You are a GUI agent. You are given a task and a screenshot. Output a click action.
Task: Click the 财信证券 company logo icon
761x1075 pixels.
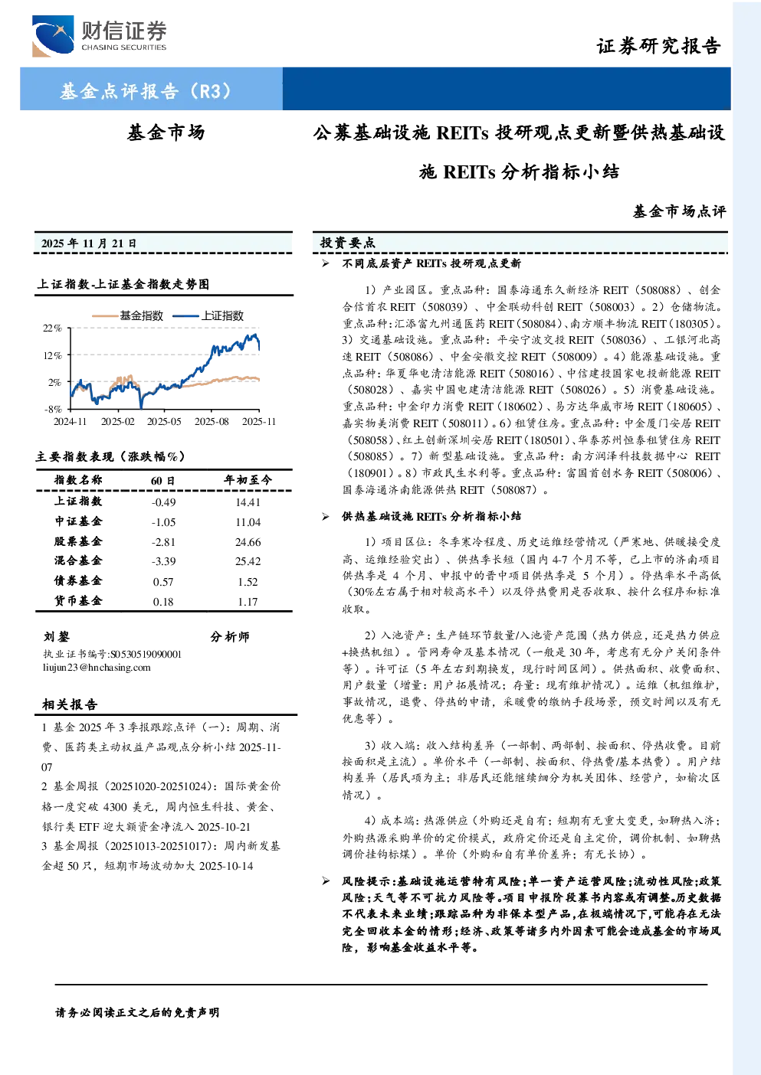[x=53, y=36]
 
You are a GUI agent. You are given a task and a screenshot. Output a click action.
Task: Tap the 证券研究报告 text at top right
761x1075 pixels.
[x=658, y=46]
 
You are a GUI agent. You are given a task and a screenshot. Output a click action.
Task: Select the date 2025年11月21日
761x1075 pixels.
[x=89, y=243]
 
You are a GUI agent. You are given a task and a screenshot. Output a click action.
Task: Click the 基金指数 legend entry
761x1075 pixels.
[x=128, y=315]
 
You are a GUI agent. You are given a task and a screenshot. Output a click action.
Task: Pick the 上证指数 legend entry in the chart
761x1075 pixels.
[x=208, y=315]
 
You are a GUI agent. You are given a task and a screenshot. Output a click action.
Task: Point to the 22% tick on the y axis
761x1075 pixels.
[x=52, y=328]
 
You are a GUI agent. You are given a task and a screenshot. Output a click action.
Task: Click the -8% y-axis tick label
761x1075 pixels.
[x=53, y=409]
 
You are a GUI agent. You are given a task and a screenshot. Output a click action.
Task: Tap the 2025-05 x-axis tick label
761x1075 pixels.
[x=164, y=421]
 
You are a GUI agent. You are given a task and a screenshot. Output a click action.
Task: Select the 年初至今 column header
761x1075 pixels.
[x=248, y=479]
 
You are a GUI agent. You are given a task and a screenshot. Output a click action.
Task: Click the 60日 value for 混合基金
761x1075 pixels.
[x=163, y=561]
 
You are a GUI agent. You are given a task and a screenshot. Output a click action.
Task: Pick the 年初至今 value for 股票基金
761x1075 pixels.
[x=248, y=542]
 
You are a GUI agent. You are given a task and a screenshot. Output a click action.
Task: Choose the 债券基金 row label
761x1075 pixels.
[x=78, y=580]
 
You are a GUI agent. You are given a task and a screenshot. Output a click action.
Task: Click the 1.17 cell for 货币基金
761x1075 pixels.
[x=248, y=601]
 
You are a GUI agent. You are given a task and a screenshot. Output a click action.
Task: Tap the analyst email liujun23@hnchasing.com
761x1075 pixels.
[x=97, y=667]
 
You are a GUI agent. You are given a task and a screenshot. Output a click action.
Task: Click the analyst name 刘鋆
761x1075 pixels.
[x=57, y=636]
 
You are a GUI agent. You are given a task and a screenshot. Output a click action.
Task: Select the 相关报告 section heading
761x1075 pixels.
[x=71, y=704]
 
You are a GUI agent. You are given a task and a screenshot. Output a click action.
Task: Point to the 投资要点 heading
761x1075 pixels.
[x=348, y=243]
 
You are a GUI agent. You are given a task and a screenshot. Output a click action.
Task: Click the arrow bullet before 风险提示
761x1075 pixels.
[x=326, y=881]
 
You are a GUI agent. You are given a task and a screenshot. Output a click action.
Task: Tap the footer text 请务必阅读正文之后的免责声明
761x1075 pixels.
[x=137, y=1012]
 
